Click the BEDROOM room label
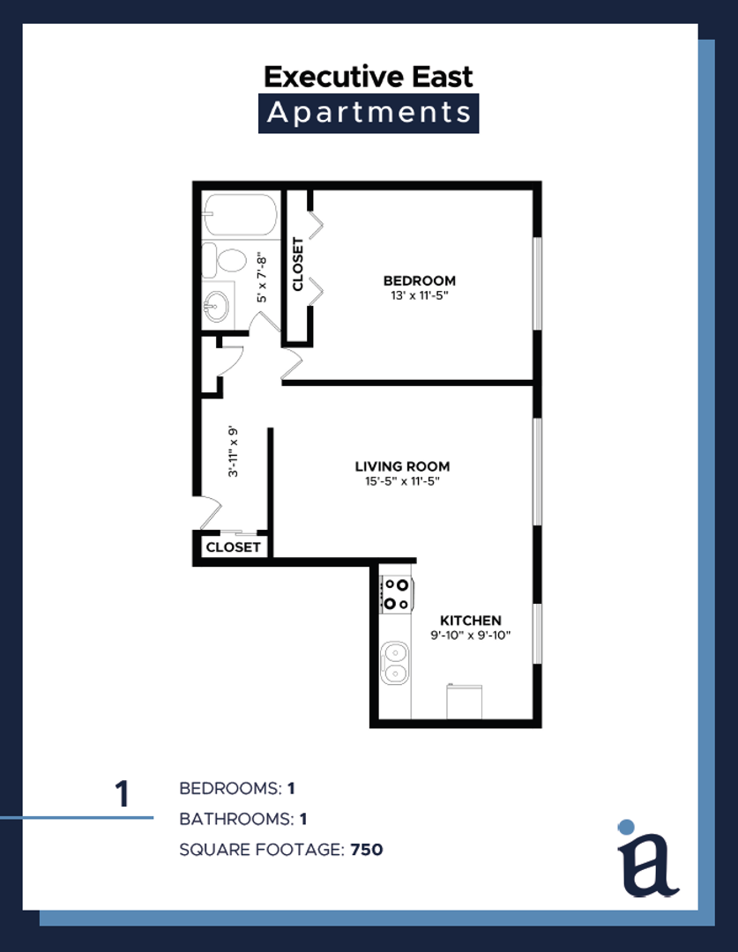pos(419,280)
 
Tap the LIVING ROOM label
pos(402,466)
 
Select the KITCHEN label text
pos(471,621)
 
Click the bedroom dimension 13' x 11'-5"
pos(419,295)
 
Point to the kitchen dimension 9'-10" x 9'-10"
pos(471,636)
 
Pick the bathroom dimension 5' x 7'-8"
pos(262,278)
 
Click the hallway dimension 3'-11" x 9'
pos(234,451)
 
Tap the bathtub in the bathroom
pos(241,214)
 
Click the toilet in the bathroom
pos(224,260)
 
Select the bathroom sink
pos(217,305)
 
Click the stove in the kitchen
pos(396,594)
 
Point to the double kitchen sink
pos(395,663)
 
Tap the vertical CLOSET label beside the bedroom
pos(298,264)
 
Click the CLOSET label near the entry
pos(234,547)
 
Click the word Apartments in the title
pos(369,113)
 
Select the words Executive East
pos(368,77)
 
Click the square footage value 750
pos(367,849)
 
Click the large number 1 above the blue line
pos(123,793)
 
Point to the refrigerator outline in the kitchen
pos(465,702)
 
